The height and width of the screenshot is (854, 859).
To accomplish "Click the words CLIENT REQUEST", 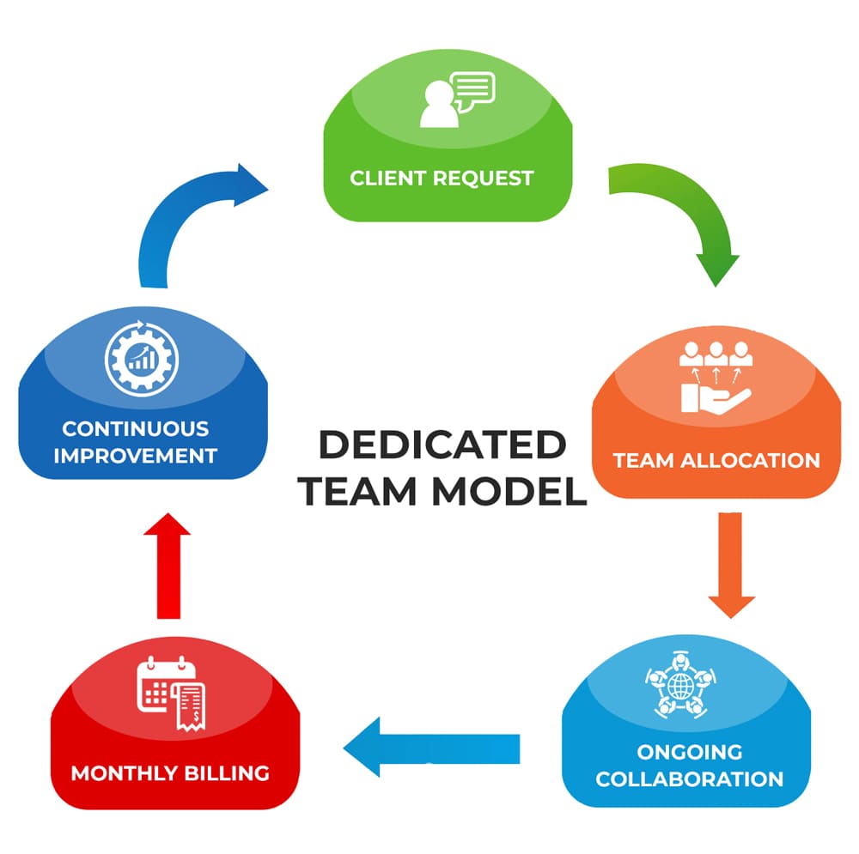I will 442,179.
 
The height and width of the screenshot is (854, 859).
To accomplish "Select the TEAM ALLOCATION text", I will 716,459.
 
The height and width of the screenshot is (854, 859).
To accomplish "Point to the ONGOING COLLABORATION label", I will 689,766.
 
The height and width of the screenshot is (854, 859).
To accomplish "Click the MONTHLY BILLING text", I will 170,772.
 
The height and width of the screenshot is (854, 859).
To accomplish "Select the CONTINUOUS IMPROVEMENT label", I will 136,441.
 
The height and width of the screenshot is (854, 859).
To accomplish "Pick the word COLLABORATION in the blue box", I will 689,779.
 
